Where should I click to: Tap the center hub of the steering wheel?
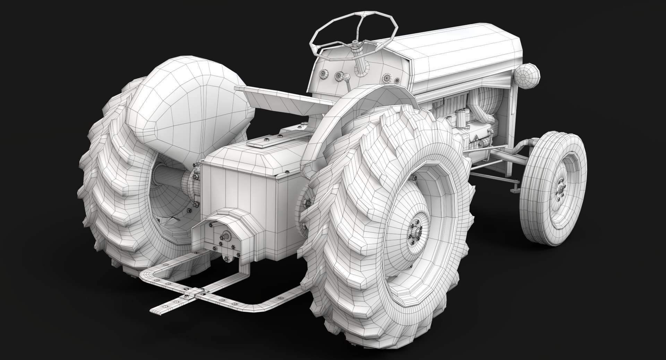click(355, 43)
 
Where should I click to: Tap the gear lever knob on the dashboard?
click(347, 76)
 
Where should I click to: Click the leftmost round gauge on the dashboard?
click(325, 74)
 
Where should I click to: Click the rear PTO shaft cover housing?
click(225, 225)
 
